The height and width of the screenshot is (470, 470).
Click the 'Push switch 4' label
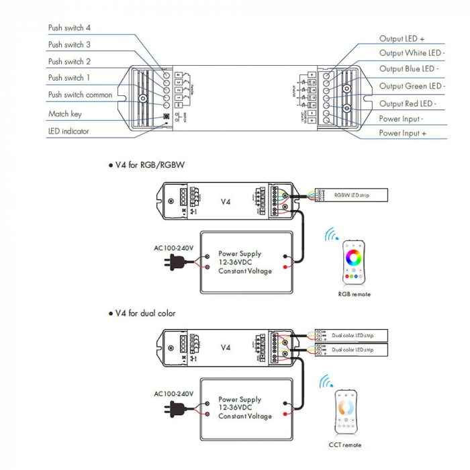pos(69,28)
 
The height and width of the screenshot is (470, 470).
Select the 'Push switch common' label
pos(80,95)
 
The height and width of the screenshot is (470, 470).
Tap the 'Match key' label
pos(64,114)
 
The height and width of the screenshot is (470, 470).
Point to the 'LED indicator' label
pos(68,131)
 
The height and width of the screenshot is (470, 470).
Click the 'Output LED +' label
pos(402,39)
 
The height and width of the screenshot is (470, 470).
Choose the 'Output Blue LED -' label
pos(409,68)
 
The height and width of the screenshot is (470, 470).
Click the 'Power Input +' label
pos(402,133)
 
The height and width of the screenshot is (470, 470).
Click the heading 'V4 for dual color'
pos(145,313)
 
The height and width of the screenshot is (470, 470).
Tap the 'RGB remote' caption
pos(354,294)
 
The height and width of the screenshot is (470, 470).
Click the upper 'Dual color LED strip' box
pos(355,335)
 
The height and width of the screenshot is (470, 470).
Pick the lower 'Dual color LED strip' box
pos(355,350)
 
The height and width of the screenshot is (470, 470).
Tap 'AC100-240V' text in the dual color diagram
pos(173,393)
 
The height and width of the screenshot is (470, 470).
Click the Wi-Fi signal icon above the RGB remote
pos(331,235)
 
